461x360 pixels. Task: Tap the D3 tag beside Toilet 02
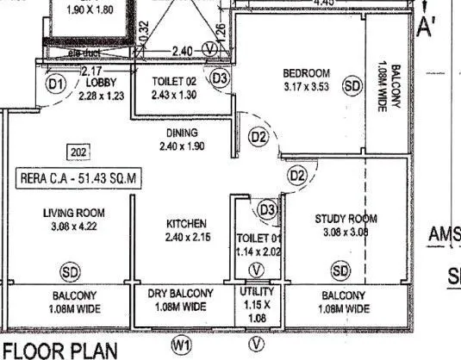[x=221, y=78]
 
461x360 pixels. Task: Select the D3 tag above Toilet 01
[x=267, y=208]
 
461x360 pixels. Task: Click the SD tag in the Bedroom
[x=352, y=86]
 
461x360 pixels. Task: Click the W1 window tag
[x=181, y=344]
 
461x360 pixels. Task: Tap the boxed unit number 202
[x=78, y=152]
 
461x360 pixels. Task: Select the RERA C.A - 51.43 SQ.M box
[x=78, y=178]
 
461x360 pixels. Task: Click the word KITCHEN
[x=186, y=223]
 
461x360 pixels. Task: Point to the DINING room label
[x=182, y=133]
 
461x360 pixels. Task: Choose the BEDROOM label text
[x=307, y=71]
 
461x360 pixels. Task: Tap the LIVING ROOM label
[x=74, y=213]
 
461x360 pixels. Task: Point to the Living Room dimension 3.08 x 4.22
[x=73, y=227]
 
